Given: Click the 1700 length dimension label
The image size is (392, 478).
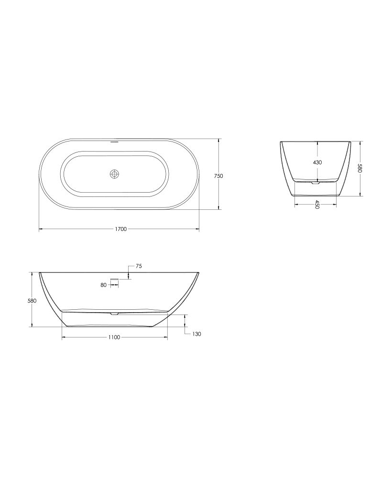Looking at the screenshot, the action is (121, 229).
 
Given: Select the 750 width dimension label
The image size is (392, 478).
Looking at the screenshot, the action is (218, 176).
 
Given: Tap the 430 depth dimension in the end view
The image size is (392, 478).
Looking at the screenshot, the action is (317, 163).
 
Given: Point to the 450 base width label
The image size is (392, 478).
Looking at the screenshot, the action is (317, 205).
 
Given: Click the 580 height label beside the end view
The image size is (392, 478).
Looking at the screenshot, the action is (359, 169).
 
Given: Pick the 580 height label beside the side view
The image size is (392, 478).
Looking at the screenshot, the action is (32, 301).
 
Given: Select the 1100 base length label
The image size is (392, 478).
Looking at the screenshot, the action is (114, 337).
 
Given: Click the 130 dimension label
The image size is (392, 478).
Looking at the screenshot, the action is (196, 334).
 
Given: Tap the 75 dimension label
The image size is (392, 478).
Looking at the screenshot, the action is (139, 266).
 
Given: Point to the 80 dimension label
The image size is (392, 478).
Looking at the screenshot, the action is (103, 285).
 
